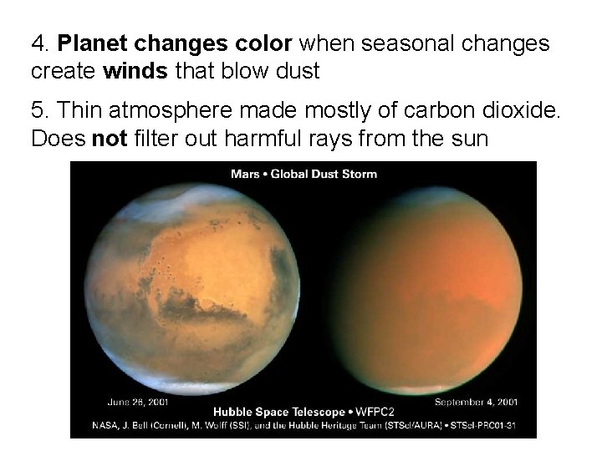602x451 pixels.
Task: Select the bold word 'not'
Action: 109,138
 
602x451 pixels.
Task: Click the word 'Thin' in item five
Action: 80,109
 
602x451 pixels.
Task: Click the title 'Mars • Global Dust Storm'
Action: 304,174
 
